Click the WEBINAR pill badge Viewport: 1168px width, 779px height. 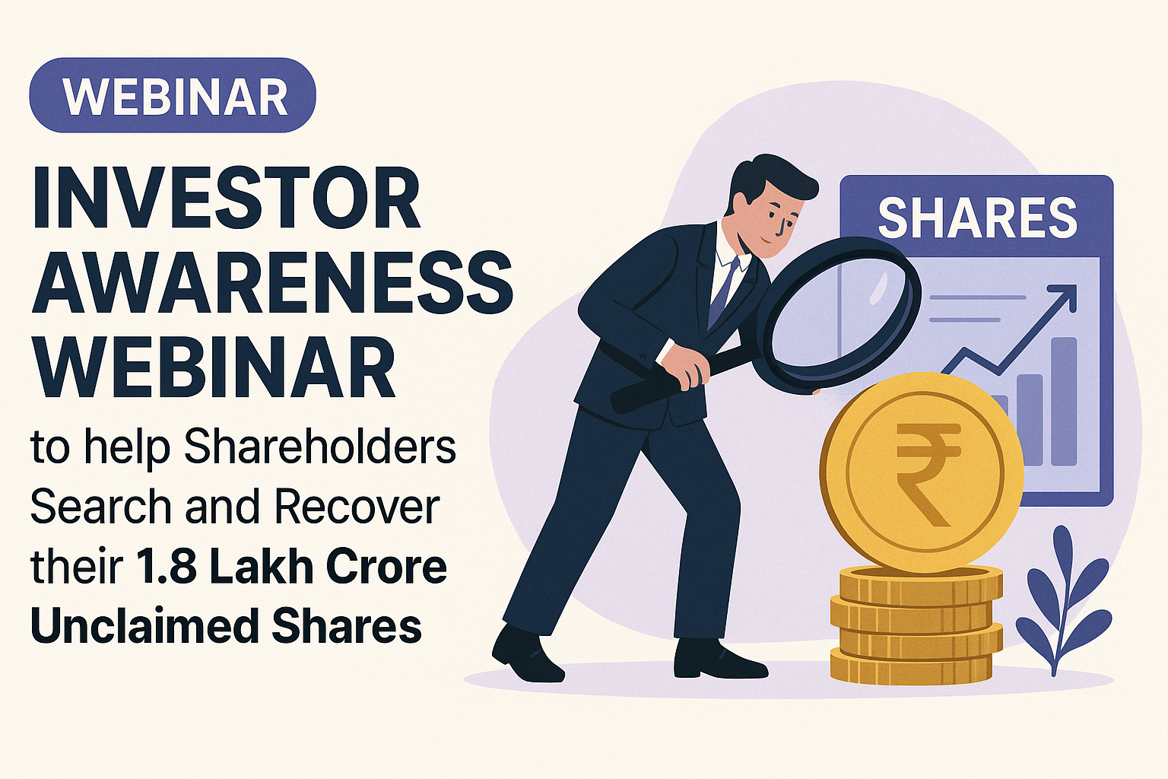(173, 95)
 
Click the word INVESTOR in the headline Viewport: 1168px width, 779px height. (226, 199)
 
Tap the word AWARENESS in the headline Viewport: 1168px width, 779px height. (271, 283)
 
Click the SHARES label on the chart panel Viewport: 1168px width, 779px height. (977, 218)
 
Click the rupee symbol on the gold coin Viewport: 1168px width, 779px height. (927, 472)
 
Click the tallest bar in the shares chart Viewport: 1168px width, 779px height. (1065, 401)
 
